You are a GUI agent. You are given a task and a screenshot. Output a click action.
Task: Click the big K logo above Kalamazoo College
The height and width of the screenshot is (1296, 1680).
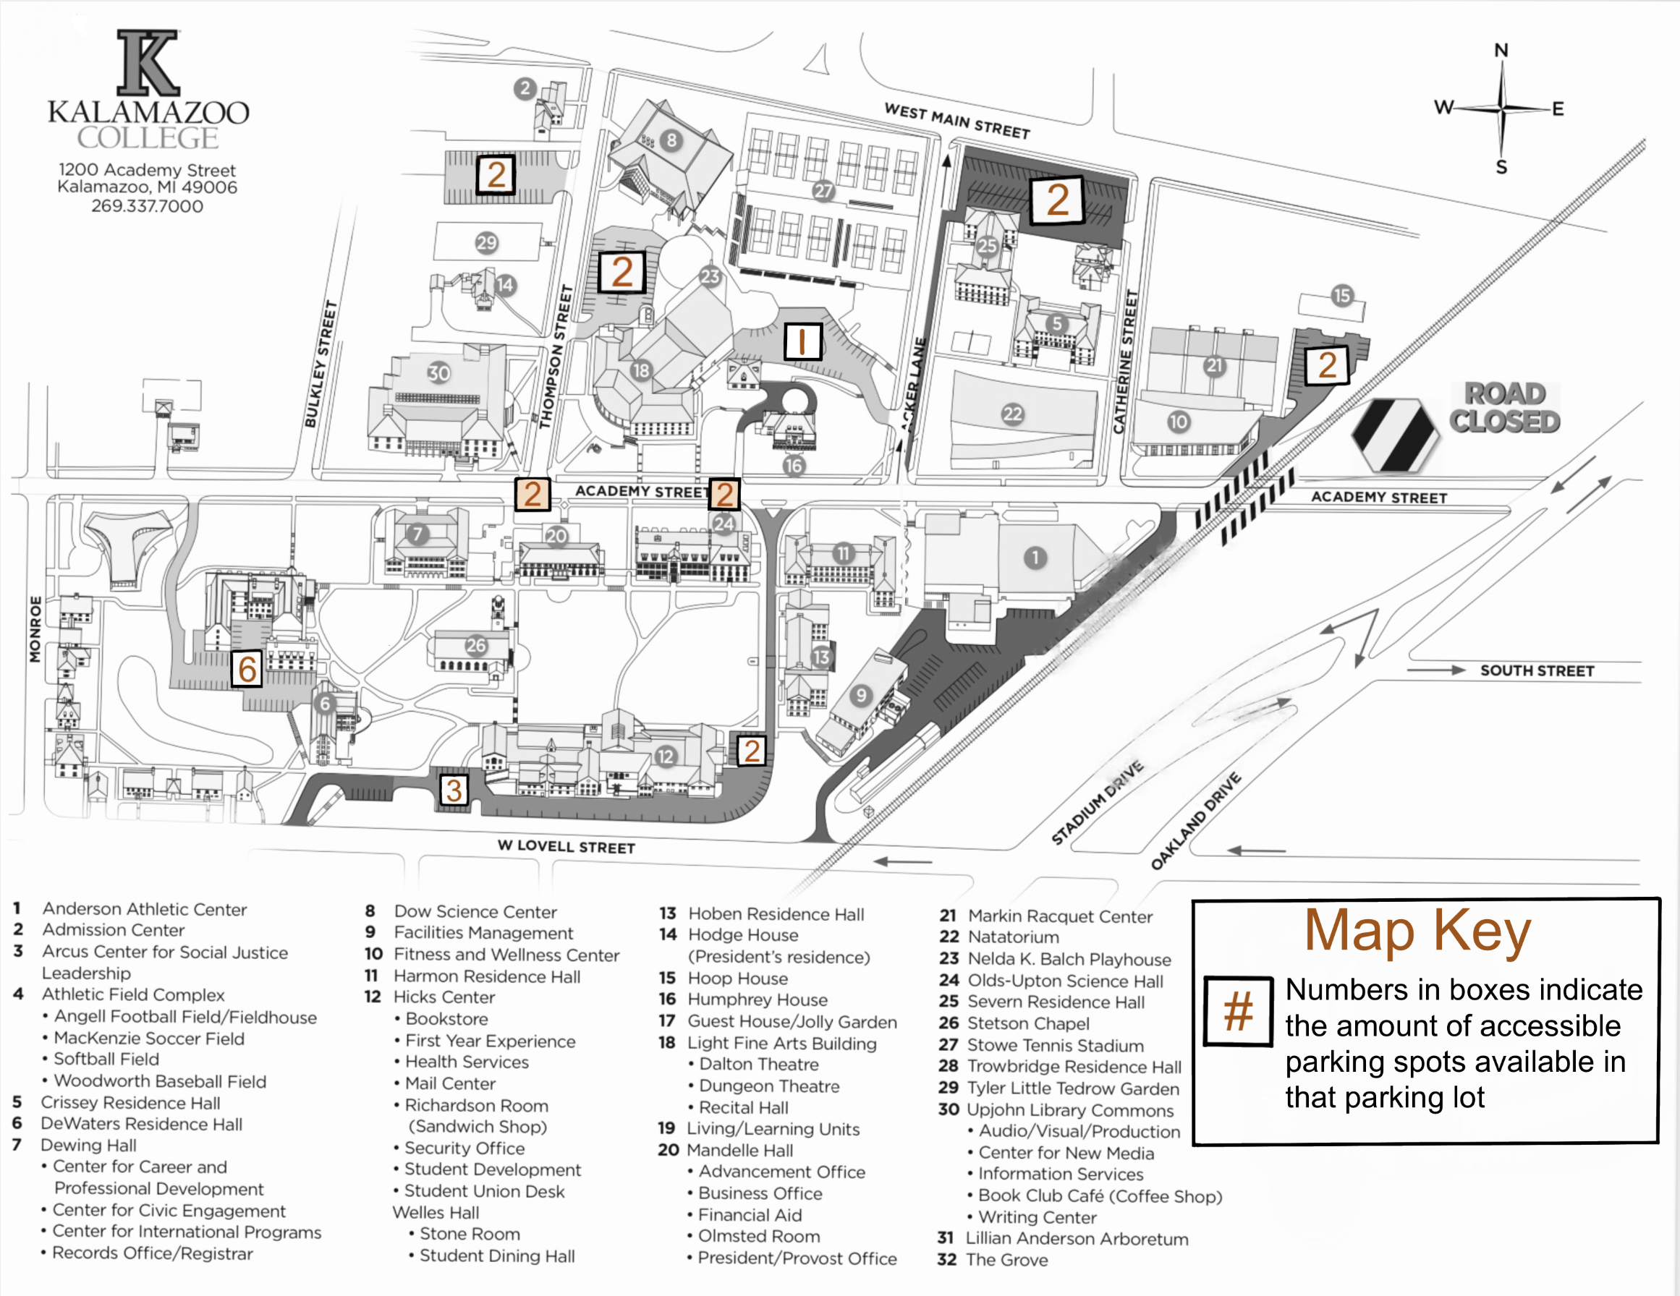[148, 63]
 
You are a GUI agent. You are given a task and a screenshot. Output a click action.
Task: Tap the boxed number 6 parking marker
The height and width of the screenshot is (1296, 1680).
[247, 669]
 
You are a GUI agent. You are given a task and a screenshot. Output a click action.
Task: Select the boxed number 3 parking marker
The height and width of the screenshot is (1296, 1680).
[454, 790]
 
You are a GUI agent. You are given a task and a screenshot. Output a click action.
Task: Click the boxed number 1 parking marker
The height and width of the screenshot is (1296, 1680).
[802, 341]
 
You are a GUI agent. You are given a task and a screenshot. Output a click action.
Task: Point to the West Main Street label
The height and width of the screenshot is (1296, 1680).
[957, 121]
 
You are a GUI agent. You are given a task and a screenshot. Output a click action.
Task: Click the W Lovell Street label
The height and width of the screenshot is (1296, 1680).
[567, 846]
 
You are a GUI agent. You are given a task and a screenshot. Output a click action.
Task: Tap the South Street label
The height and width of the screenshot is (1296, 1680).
[1536, 670]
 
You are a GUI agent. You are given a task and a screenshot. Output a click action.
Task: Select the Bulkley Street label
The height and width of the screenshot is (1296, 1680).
[321, 364]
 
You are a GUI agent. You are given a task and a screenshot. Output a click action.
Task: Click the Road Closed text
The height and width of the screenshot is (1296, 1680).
[1504, 408]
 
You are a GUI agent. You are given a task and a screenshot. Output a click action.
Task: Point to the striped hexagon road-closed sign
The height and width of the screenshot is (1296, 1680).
[1395, 435]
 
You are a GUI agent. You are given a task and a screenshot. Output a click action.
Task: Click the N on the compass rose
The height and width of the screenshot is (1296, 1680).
[1501, 51]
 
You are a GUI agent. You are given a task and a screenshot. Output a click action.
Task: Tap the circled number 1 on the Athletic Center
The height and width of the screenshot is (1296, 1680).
[1035, 558]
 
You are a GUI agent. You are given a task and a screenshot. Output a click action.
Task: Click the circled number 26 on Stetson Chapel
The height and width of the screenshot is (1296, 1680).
[475, 645]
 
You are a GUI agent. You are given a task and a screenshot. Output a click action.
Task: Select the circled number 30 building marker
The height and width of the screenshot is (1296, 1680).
[438, 373]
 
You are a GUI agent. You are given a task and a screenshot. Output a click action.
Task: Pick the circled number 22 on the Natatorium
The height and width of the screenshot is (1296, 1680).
[1012, 414]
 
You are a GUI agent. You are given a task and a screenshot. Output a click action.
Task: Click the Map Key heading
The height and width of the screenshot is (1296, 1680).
[1417, 931]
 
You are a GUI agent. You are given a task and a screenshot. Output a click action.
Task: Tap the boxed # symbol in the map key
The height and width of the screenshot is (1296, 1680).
[1238, 1010]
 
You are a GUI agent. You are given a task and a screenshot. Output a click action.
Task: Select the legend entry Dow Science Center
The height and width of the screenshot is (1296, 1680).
[475, 911]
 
